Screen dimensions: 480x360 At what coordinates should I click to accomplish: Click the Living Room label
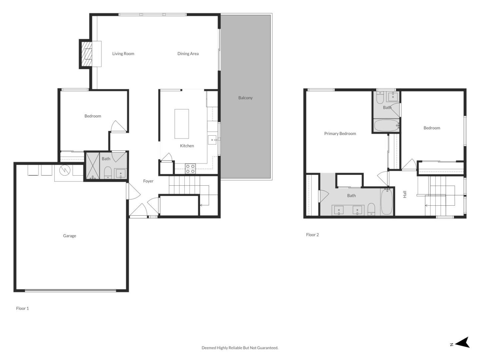click(123, 54)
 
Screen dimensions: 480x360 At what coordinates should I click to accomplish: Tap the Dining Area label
click(188, 54)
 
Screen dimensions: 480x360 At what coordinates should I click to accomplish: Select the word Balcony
click(245, 98)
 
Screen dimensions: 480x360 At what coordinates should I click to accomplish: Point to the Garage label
click(70, 236)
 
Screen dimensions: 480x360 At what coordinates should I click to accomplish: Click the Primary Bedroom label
click(340, 133)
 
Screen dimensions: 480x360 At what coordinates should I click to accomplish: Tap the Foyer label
click(148, 181)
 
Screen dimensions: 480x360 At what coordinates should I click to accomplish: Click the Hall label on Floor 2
click(405, 194)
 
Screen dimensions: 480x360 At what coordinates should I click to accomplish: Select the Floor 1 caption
click(22, 308)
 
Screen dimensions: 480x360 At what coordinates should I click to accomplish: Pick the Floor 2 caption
click(312, 235)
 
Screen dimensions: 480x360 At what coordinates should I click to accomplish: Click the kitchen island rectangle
click(182, 124)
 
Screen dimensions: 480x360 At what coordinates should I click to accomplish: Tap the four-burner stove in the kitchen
click(190, 169)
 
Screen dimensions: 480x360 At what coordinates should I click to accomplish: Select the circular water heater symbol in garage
click(65, 170)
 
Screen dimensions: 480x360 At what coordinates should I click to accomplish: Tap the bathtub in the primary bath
click(387, 202)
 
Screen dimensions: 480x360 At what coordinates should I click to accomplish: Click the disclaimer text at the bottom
click(240, 348)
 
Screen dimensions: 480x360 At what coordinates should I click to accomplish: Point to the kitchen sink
click(212, 140)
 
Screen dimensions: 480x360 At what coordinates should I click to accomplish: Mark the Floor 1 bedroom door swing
click(118, 126)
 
